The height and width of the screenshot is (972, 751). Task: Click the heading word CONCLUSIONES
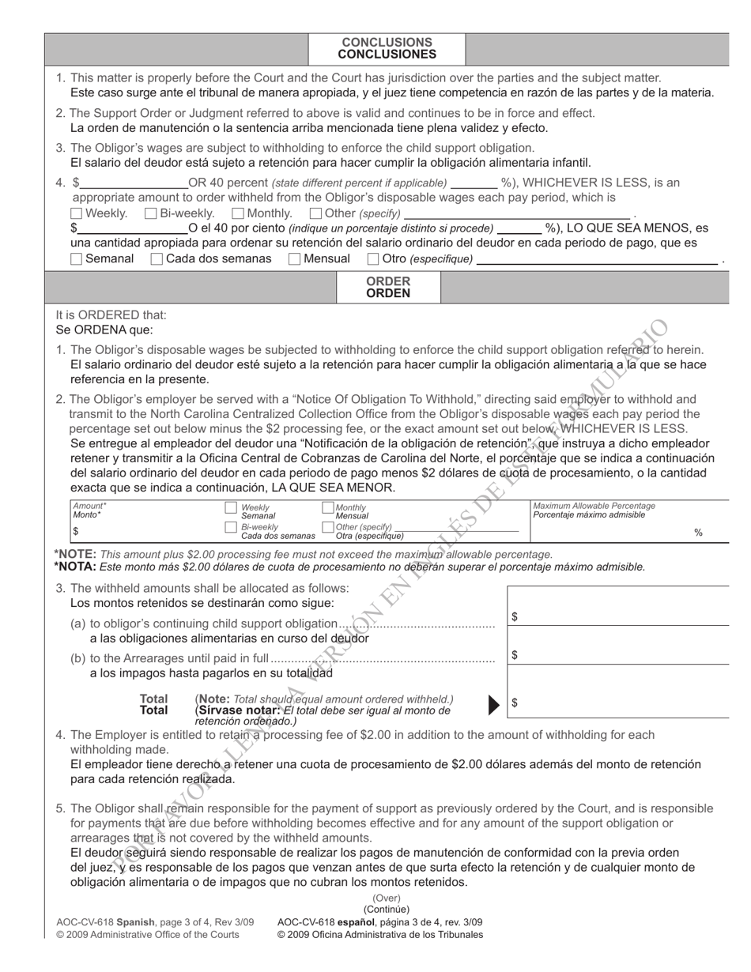point(387,55)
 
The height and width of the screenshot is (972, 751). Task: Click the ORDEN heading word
point(387,293)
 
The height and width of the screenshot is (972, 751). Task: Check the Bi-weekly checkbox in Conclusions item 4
point(151,213)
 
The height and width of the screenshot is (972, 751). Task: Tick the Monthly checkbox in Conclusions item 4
point(238,213)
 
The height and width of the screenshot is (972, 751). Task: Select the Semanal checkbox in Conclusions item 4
point(76,258)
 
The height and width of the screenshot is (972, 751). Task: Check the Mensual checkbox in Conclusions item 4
point(295,258)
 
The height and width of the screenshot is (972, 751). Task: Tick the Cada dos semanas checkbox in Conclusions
point(157,258)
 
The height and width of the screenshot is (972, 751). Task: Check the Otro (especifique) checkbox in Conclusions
point(373,258)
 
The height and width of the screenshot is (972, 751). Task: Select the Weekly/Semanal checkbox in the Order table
point(231,508)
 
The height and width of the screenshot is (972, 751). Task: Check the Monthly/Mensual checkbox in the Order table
point(328,508)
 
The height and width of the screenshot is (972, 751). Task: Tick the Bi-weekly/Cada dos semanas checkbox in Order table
point(231,527)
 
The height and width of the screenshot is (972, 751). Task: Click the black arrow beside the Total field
point(495,703)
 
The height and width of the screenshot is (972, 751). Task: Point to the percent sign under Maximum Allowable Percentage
point(698,533)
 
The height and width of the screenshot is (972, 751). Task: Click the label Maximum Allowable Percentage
point(594,506)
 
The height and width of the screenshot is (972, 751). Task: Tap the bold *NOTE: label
point(75,554)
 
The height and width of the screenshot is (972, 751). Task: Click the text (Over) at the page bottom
point(387,898)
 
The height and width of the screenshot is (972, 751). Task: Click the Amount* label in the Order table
point(89,506)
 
